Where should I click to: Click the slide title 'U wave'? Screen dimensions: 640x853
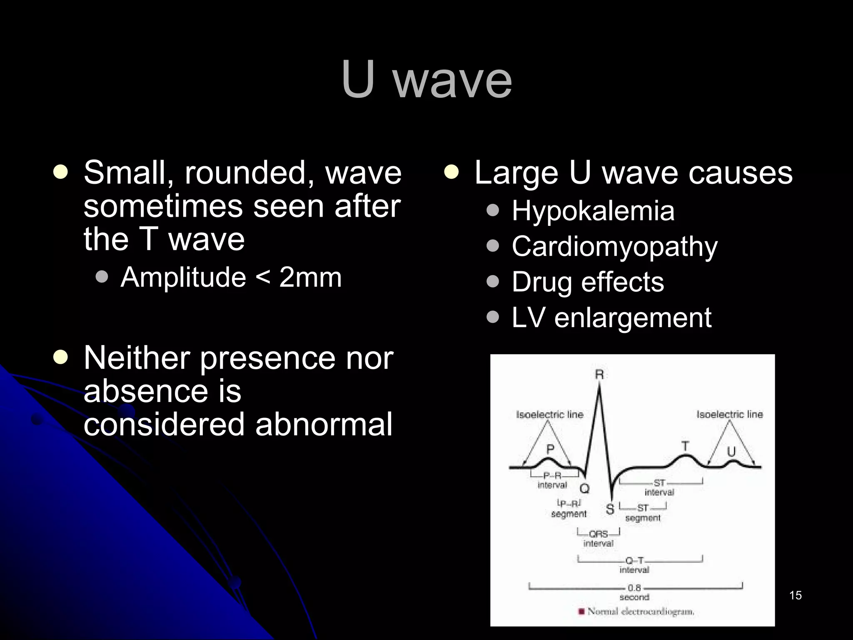426,80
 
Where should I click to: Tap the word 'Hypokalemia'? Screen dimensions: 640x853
593,211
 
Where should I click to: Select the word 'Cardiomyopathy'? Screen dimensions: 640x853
614,246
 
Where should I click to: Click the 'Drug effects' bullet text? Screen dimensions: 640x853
587,282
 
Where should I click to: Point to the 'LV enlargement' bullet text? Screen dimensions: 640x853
611,318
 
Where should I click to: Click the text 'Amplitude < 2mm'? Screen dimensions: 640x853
231,277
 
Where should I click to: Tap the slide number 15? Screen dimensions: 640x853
795,595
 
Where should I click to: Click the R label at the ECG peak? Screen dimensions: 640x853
599,375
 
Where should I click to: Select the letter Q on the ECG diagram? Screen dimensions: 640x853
585,488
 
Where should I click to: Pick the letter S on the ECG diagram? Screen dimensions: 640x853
610,509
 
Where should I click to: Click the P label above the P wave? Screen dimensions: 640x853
550,449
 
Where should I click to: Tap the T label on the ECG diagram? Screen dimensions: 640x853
685,446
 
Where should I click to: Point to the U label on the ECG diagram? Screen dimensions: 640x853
731,452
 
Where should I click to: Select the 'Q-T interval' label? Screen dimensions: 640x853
634,565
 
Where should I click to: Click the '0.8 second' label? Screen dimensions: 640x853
634,592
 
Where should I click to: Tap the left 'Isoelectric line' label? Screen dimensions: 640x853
549,415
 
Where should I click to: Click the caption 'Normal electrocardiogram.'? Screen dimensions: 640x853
641,612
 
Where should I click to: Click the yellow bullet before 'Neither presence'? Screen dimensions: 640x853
61,357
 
